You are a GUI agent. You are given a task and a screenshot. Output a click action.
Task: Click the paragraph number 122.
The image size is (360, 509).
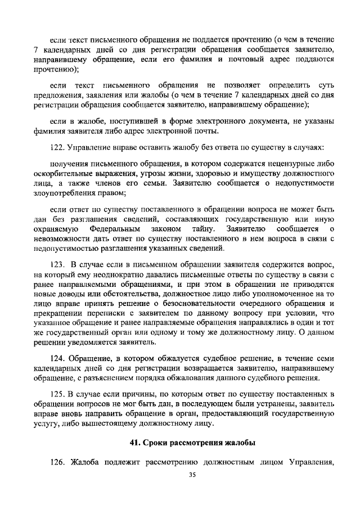[x=58, y=147]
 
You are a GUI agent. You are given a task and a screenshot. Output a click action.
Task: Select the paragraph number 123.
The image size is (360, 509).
[x=58, y=264]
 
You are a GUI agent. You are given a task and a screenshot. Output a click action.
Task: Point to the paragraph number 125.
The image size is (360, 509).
[x=58, y=394]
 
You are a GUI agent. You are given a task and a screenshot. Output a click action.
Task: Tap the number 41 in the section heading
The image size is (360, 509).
[x=135, y=443]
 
